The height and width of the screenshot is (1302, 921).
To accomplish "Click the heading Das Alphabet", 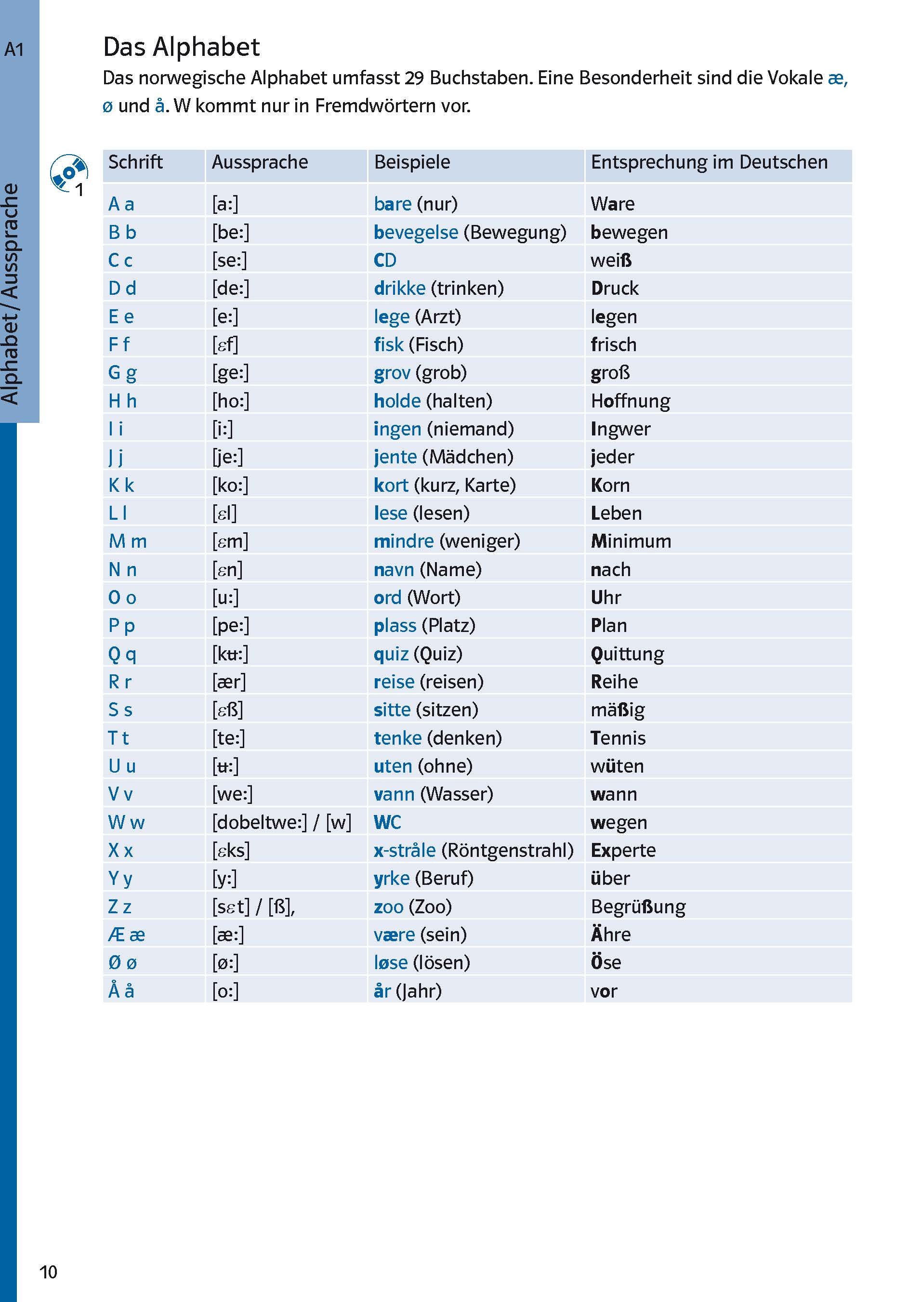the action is [181, 47].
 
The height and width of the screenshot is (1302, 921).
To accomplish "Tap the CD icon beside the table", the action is [68, 172].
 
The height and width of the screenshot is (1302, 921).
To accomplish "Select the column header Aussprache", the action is [260, 163].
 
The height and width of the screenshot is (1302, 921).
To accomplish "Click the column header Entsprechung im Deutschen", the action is [709, 163].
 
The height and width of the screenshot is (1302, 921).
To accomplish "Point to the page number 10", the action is [48, 1272].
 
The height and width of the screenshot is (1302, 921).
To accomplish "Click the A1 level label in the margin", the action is [14, 50].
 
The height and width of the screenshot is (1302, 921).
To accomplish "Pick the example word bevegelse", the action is [416, 233].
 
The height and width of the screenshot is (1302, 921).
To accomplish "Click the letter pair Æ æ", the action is [126, 934].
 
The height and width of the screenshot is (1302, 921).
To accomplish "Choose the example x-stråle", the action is [404, 851].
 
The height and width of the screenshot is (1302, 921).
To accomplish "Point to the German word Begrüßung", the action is [638, 907].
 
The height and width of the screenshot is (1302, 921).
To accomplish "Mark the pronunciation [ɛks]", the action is [231, 851].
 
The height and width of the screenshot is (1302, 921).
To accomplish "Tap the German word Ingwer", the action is [620, 429].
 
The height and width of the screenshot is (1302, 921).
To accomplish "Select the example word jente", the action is [395, 457].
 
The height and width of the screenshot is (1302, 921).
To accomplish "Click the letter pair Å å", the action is [121, 991].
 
